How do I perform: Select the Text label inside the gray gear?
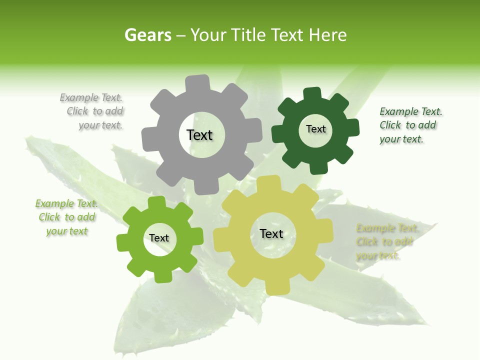(199, 135)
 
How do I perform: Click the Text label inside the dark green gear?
(315, 129)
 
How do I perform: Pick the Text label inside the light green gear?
(159, 238)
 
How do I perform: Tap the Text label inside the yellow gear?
(271, 233)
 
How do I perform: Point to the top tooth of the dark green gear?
(312, 93)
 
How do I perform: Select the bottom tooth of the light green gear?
(162, 276)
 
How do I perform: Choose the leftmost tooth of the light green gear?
(123, 242)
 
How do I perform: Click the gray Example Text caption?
(95, 111)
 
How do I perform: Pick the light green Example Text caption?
(66, 217)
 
